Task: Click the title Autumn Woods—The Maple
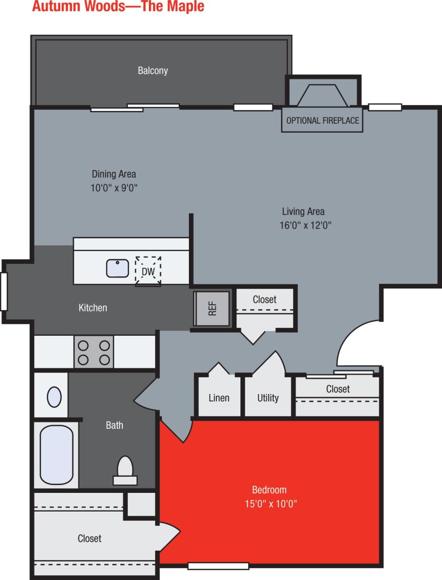point(118,7)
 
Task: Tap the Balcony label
point(153,70)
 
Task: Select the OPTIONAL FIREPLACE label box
point(322,120)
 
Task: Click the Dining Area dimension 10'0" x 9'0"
point(114,188)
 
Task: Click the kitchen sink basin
point(117,268)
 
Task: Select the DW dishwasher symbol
point(148,270)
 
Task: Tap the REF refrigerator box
point(212,308)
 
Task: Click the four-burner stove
point(93,352)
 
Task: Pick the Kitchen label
point(93,308)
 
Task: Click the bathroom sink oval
point(54,396)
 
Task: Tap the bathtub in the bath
point(56,454)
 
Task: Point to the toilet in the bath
point(125,470)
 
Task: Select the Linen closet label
point(219,398)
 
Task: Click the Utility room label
point(268,398)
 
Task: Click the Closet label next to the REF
point(264,299)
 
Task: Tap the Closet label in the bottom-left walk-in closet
point(90,538)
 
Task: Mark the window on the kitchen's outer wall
point(4,292)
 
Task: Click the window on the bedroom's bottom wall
point(218,566)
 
